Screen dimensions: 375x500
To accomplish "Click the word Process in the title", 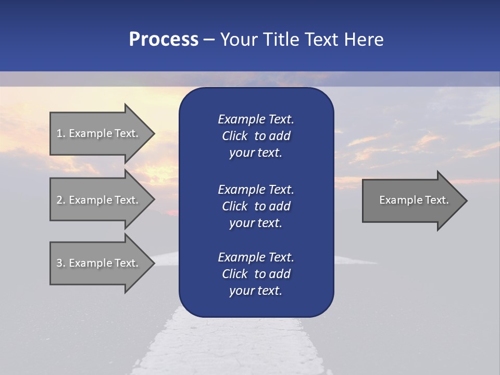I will tap(164, 40).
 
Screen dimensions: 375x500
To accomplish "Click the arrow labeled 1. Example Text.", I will tap(99, 133).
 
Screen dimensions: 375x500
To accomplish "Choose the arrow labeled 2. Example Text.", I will tap(99, 200).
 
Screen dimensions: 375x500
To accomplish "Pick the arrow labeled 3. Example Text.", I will tap(99, 263).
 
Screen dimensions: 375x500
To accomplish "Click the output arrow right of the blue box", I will tap(411, 200).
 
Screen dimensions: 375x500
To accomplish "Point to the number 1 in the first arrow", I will tap(59, 133).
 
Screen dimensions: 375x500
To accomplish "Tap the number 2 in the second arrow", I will tap(59, 200).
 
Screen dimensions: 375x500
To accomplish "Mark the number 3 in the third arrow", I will tap(59, 263).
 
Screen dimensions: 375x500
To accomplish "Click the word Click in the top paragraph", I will tap(234, 136).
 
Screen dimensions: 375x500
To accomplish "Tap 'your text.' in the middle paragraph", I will tap(256, 223).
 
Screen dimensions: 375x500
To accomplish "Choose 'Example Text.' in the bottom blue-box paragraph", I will tap(256, 257).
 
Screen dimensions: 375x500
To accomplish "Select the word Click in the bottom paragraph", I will tap(234, 274).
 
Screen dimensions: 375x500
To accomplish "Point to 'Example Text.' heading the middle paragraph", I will tap(256, 190).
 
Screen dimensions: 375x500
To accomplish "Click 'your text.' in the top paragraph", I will tap(256, 153).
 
